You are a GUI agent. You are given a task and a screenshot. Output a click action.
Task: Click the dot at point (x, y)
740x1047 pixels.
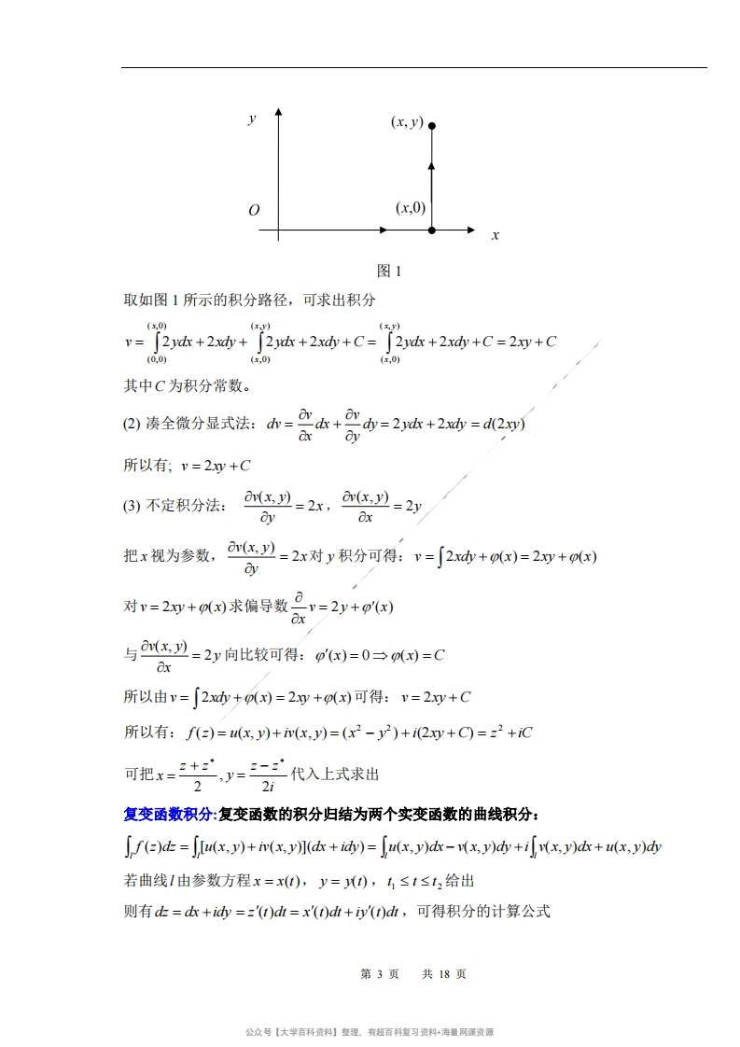(431, 124)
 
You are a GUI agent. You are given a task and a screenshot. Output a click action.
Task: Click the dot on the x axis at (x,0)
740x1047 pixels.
(431, 230)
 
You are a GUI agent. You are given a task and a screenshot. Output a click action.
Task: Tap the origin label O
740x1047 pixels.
(254, 211)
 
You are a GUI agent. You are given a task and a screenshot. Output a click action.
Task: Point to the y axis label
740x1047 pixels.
(252, 119)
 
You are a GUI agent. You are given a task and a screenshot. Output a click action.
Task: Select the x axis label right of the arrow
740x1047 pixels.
(496, 235)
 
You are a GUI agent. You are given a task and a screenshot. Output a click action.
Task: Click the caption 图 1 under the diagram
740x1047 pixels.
(388, 272)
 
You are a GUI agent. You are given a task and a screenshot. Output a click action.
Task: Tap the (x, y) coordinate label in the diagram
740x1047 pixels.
(407, 122)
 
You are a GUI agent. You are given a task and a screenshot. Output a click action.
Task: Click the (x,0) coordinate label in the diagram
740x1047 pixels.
(411, 207)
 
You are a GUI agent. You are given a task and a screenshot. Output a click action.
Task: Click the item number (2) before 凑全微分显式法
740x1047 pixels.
(132, 424)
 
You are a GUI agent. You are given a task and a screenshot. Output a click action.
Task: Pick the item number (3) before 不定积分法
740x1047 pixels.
(132, 506)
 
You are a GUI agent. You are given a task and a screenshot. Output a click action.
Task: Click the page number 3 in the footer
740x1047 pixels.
(380, 974)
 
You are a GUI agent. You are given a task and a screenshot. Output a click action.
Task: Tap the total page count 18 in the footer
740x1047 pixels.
(444, 974)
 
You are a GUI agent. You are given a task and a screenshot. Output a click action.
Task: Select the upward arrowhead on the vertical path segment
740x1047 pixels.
(431, 165)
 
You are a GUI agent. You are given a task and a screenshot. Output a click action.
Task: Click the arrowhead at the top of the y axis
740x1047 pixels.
(278, 117)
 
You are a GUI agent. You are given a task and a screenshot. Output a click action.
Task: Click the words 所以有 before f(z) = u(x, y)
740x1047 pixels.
(145, 733)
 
